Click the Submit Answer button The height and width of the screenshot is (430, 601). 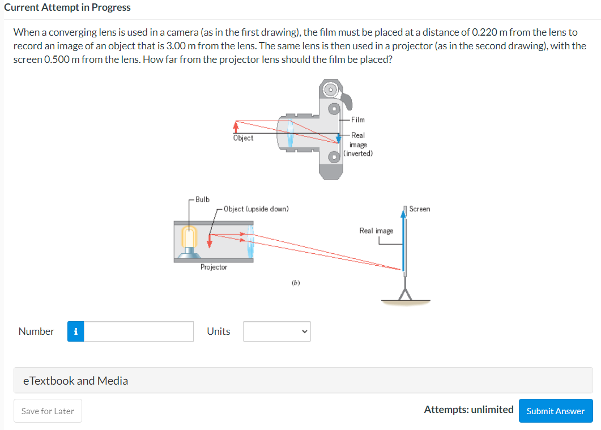[x=555, y=411]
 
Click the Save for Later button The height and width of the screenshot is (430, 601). [x=48, y=411]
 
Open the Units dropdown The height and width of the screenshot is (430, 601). [x=276, y=331]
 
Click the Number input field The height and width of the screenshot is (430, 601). [x=139, y=331]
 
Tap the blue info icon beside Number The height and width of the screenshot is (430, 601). [x=76, y=331]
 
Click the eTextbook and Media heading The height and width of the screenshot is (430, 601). [x=75, y=381]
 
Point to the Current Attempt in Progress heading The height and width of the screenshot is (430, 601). [x=67, y=7]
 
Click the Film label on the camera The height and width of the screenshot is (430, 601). [x=358, y=120]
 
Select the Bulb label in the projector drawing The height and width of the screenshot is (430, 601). [x=202, y=199]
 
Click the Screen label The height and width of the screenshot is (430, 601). [x=419, y=209]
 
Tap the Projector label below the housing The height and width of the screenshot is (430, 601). [x=214, y=267]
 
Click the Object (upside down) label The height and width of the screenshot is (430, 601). [x=256, y=209]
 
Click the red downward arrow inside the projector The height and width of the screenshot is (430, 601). [x=210, y=240]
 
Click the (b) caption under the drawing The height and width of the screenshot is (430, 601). [x=296, y=282]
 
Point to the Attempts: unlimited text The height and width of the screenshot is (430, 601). [x=468, y=409]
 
